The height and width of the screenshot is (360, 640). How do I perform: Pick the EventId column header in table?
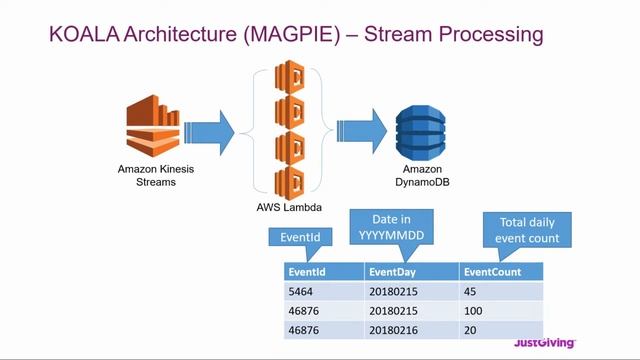coord(322,271)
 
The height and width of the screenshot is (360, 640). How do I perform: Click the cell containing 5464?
coord(322,291)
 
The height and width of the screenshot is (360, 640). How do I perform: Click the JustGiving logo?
coord(544,343)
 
